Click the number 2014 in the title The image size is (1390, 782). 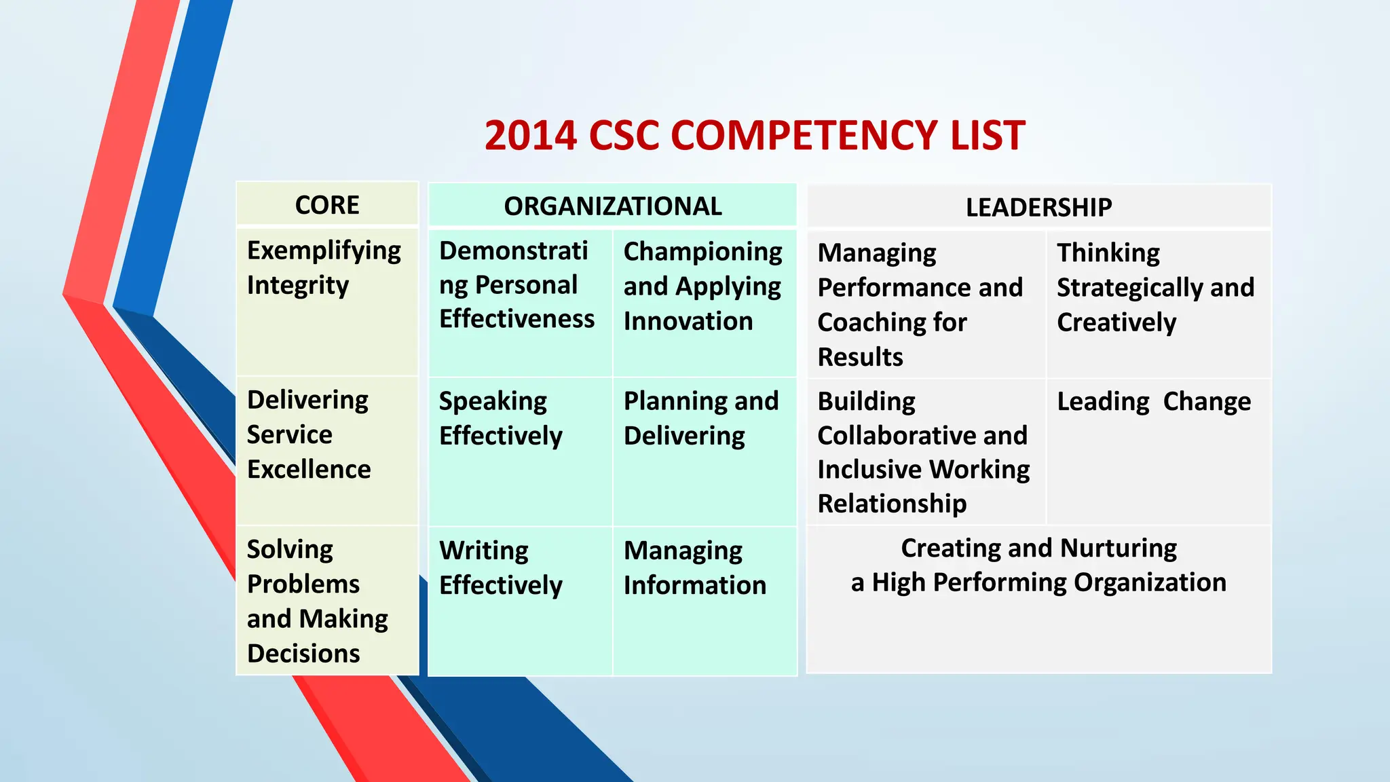click(530, 135)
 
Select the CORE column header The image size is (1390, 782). click(327, 205)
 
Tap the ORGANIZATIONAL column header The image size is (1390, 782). click(612, 206)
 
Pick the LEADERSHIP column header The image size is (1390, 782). click(1038, 207)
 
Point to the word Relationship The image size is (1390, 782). click(892, 504)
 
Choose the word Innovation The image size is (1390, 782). click(688, 321)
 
